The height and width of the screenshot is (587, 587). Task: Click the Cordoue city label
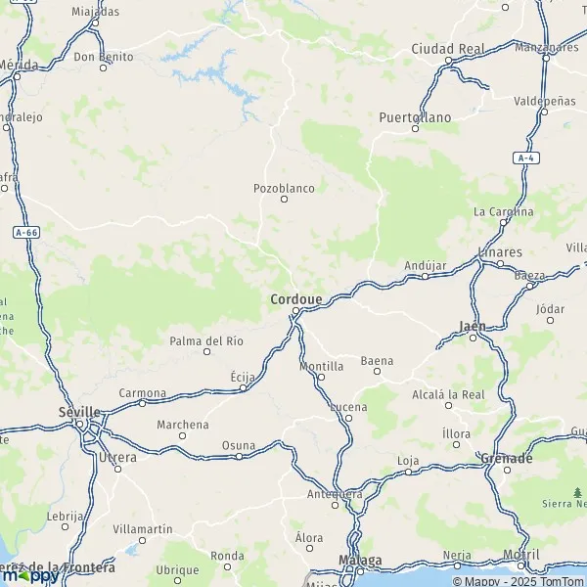coord(295,297)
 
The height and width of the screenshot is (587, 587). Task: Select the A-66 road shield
coord(26,232)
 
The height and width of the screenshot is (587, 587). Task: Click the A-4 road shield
coord(527,158)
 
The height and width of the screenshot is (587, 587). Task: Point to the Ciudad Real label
coord(448,48)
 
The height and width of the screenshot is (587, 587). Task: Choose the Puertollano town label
coord(416,117)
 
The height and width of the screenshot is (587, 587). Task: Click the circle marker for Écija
coord(244,388)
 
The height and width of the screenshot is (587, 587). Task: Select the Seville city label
coord(79,412)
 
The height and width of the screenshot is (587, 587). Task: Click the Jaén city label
coord(473,325)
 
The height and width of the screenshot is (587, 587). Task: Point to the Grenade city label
coord(507,458)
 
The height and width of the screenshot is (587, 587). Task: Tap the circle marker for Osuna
coord(239,456)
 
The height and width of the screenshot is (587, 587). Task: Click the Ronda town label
coord(228,555)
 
